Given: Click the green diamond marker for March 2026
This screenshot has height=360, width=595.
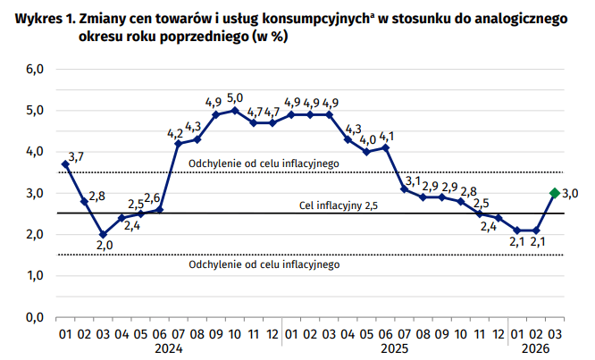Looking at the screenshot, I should pos(554,193).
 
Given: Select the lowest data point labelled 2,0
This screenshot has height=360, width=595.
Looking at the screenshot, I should pos(103,234).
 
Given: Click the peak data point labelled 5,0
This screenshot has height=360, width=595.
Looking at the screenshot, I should pos(235,110).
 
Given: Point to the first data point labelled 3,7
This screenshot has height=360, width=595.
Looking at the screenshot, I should pos(65,164).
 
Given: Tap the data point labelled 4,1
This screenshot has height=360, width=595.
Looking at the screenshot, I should pos(386,147).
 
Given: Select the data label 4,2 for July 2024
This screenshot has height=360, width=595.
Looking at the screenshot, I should pos(176,133).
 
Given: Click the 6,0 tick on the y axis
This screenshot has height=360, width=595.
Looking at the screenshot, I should pos(33,70).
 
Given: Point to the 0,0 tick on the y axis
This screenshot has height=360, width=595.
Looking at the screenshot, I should pos(33,317).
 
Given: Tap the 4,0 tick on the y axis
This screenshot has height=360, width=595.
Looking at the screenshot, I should pos(33,152).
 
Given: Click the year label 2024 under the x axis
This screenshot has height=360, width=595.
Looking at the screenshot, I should pos(169,349).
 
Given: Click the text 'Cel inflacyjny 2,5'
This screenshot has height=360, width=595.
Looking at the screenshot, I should pos(339,206).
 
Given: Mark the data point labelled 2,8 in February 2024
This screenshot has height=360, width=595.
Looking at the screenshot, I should pos(84,202).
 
